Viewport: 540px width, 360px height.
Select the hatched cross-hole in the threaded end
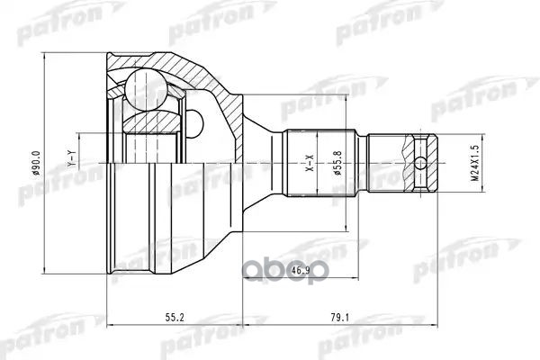point(419,149)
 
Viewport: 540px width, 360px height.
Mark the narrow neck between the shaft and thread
point(372,166)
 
